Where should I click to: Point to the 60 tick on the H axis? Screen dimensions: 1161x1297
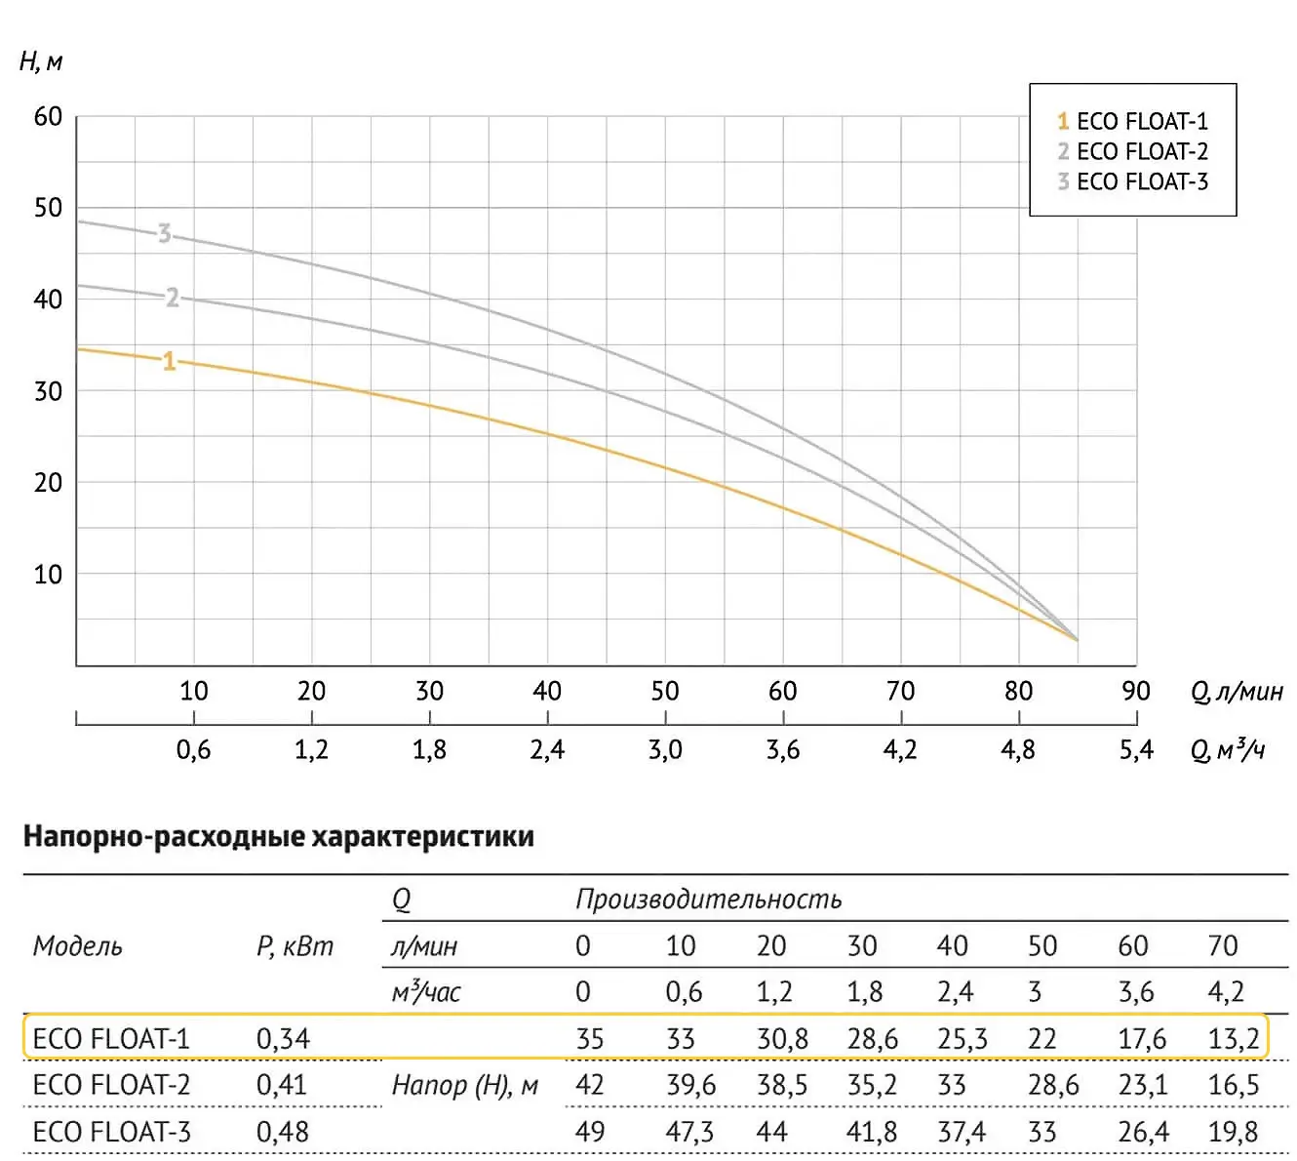[48, 117]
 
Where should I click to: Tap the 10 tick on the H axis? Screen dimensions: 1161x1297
[48, 574]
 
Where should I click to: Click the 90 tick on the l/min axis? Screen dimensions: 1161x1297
[1136, 691]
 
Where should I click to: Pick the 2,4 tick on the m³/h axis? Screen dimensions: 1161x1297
[547, 749]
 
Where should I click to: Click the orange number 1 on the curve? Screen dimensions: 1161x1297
[169, 362]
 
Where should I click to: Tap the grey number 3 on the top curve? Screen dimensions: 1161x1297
[165, 234]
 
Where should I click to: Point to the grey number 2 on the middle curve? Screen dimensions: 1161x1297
[173, 298]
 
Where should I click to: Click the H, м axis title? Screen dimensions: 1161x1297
[41, 62]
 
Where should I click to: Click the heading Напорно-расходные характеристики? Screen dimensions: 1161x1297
[279, 837]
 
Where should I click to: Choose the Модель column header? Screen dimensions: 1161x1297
[78, 945]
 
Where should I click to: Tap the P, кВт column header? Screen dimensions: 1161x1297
[295, 945]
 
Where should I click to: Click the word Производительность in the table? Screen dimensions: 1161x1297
[708, 899]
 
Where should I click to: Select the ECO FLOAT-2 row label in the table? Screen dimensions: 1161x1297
[111, 1085]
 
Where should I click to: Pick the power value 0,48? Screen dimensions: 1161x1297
[283, 1132]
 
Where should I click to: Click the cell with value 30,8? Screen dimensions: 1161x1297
[782, 1038]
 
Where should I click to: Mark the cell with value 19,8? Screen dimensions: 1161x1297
[1234, 1132]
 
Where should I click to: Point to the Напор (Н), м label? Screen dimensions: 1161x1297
[465, 1085]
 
